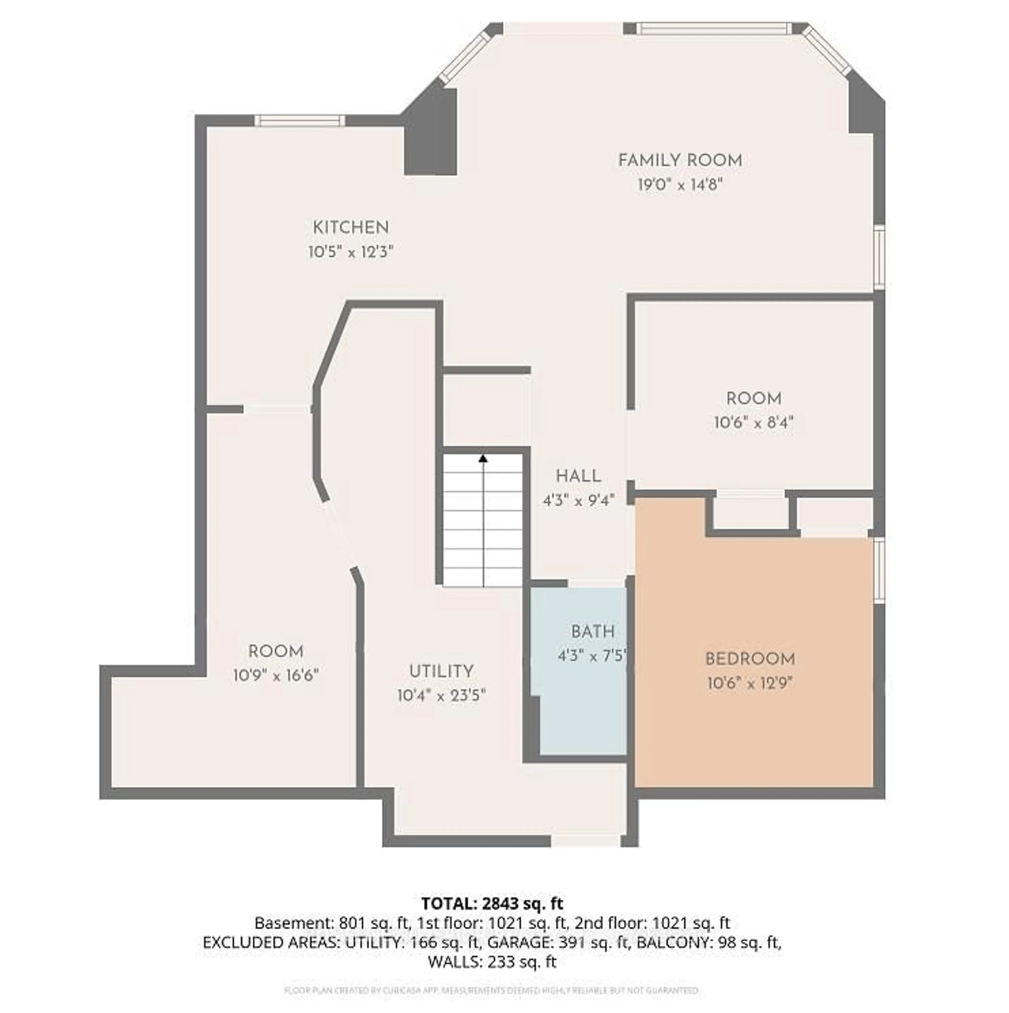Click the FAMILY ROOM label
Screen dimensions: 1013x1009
(680, 161)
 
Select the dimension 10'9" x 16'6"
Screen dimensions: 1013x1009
(276, 675)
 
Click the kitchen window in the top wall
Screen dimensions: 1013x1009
(300, 121)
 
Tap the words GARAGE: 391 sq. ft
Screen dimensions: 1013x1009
(558, 942)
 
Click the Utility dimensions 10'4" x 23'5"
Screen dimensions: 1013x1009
(441, 696)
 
